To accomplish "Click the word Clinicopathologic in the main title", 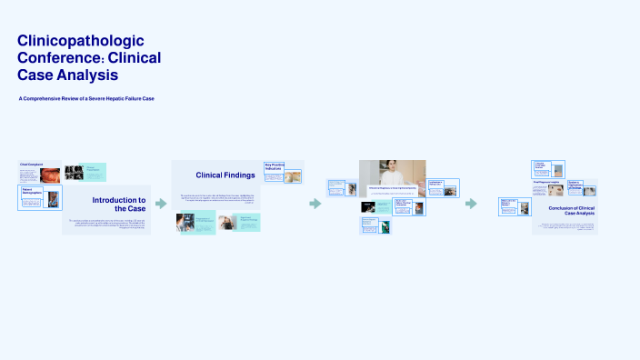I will pos(81,41).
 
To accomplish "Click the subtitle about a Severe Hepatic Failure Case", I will pos(86,98).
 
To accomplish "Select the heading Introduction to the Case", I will pos(118,204).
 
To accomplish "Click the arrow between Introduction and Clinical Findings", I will pos(161,204).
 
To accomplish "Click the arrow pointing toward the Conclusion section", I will pos(471,204).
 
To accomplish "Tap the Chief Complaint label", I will pos(32,165).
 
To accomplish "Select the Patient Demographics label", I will pos(33,192).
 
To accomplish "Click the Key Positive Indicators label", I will pos(274,166).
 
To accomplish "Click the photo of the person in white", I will pos(392,173).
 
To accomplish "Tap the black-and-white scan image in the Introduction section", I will pos(75,172).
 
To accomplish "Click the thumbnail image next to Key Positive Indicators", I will pos(293,177).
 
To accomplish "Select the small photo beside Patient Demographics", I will pos(52,200).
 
